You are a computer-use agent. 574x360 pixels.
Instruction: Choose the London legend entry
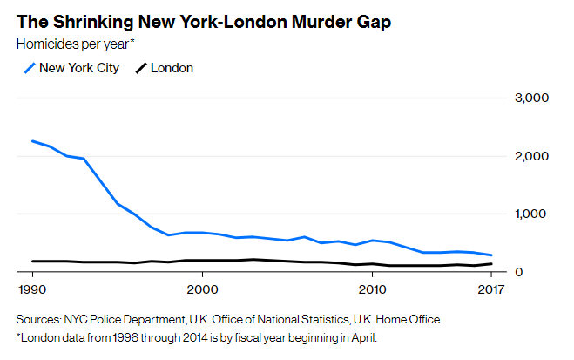pyautogui.click(x=172, y=67)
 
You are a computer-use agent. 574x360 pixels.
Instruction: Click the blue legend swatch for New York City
pyautogui.click(x=28, y=67)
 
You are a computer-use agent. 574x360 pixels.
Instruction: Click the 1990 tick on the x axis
pyautogui.click(x=31, y=289)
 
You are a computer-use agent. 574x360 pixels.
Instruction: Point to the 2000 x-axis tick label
pyautogui.click(x=202, y=289)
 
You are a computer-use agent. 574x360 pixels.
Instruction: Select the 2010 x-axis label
pyautogui.click(x=373, y=289)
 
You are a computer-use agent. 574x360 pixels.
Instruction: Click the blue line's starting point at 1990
pyautogui.click(x=31, y=140)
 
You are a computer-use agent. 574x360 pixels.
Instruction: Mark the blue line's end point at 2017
pyautogui.click(x=491, y=255)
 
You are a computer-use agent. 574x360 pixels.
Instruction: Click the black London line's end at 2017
pyautogui.click(x=491, y=263)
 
